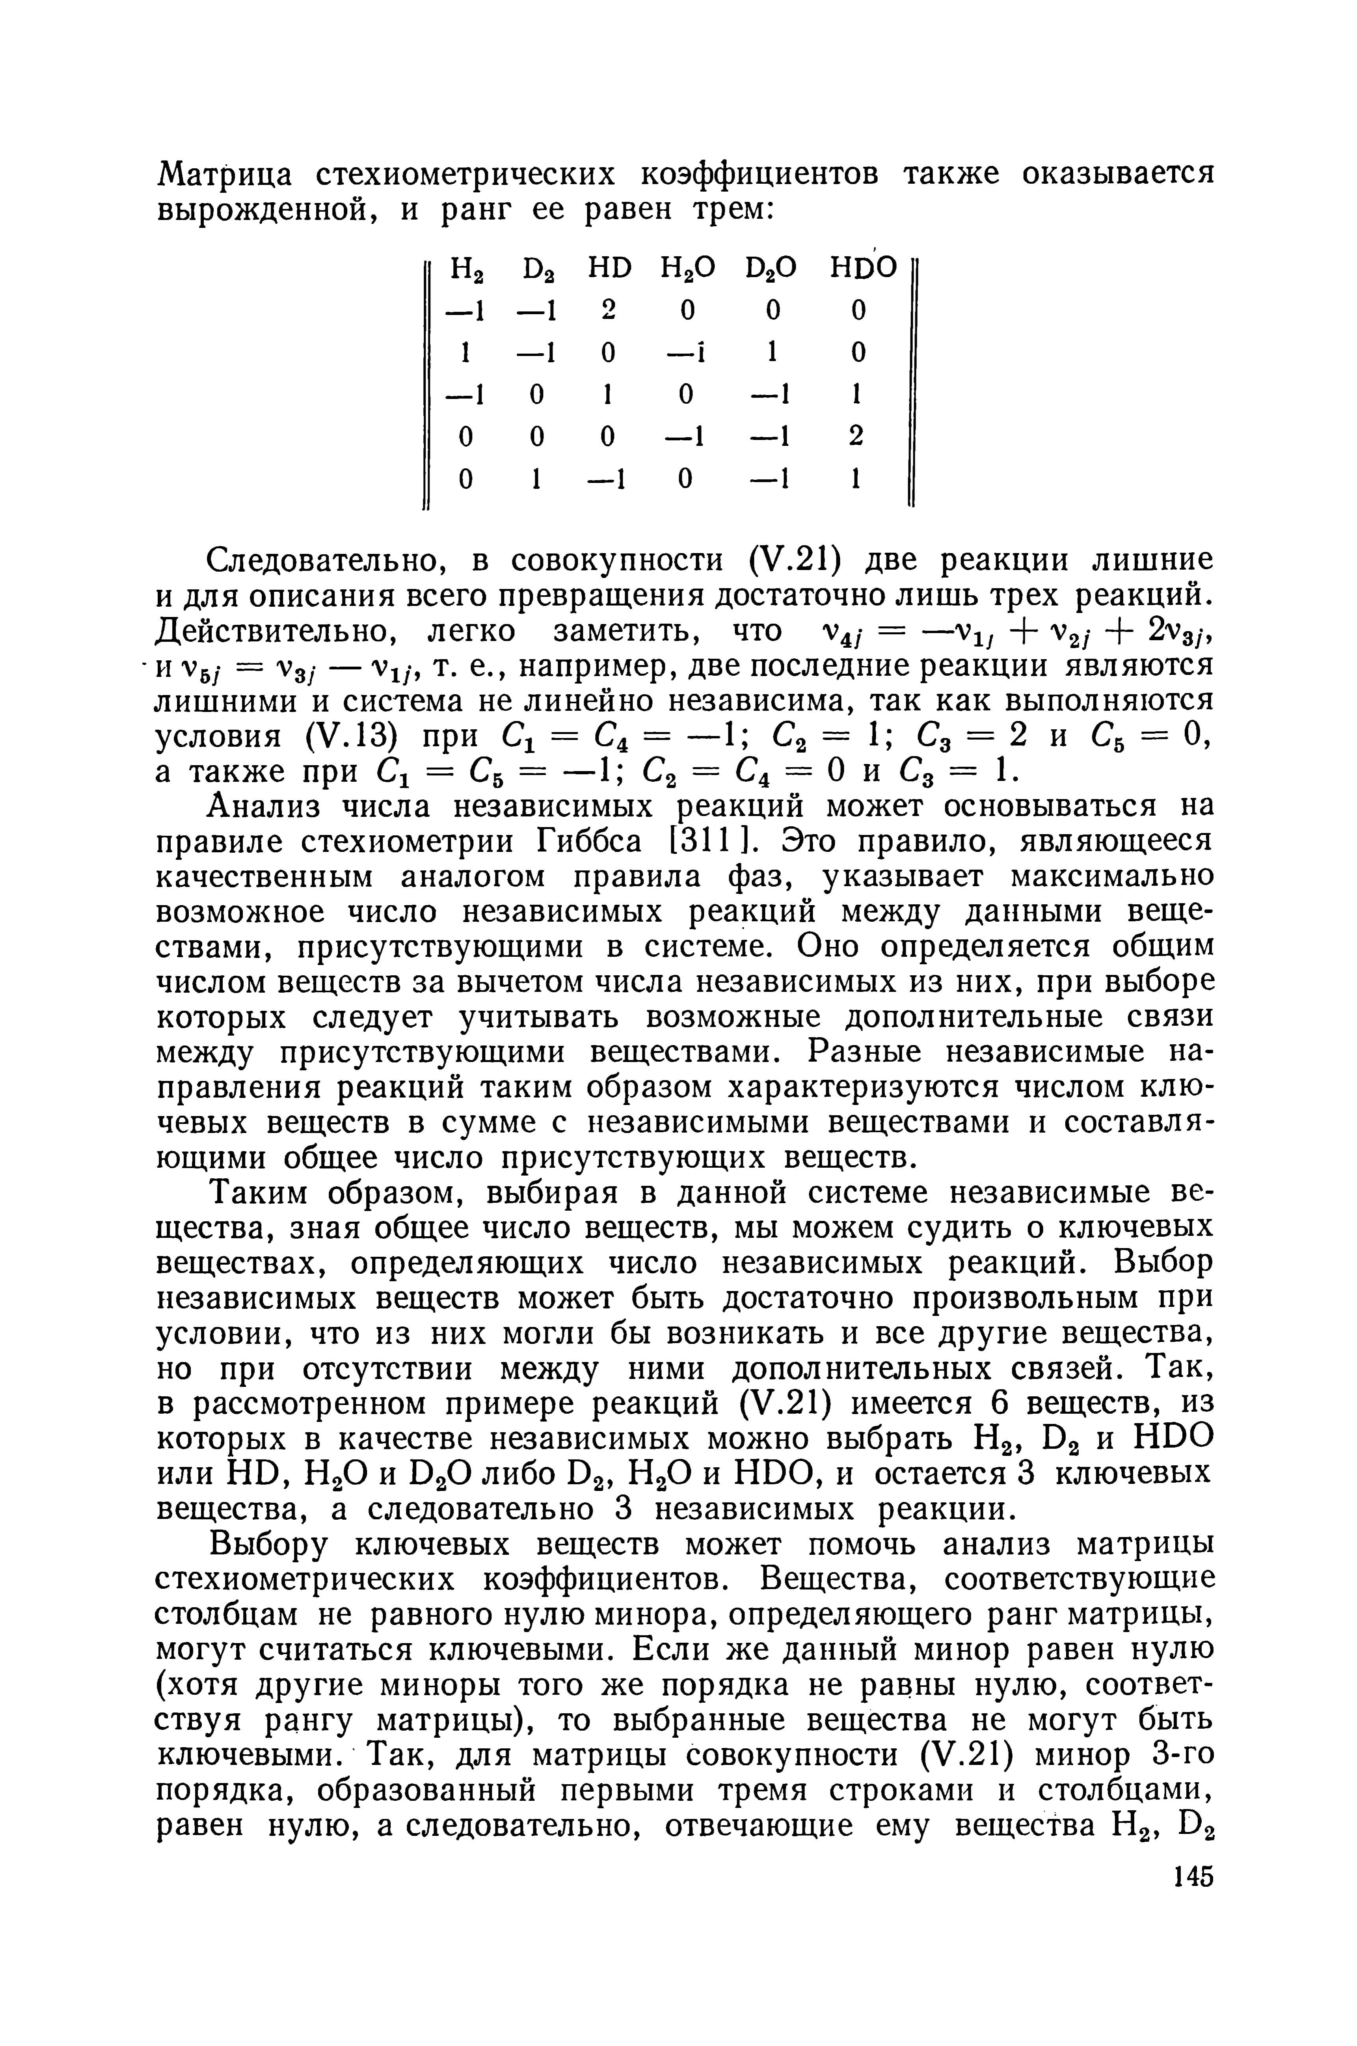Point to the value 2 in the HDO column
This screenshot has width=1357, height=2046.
(856, 436)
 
